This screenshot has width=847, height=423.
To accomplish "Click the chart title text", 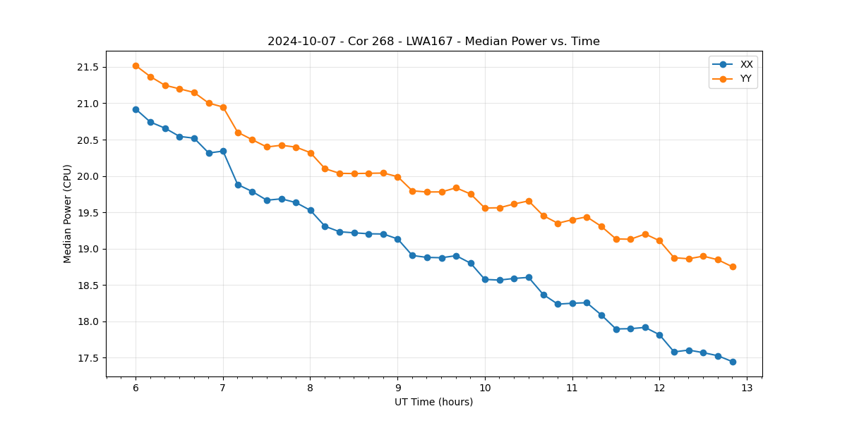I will coord(433,42).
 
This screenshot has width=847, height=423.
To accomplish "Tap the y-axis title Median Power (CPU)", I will coord(68,214).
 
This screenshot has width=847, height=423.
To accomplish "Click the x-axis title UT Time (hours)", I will coord(433,402).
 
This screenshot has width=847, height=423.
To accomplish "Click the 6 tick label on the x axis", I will coord(136,388).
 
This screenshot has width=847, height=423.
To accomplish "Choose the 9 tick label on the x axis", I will coord(397,388).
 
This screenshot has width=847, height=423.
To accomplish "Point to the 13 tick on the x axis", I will coord(747,388).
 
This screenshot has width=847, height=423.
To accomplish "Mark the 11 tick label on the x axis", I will coord(572,388).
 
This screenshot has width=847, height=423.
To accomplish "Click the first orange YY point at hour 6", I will coord(136,66).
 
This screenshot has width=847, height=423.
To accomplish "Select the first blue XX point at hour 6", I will coord(136,109).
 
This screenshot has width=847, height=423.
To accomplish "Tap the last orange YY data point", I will coord(733,266).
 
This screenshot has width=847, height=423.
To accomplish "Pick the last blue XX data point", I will coord(733,362).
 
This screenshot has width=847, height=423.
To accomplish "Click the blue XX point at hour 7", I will coord(223,151).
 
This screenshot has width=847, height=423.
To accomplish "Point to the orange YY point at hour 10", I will coord(485,208).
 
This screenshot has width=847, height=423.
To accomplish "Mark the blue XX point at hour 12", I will coord(659,335).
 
